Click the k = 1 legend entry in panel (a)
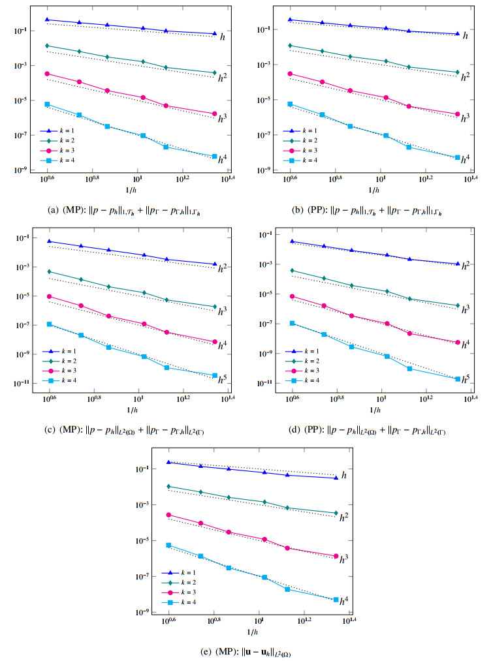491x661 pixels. click(x=62, y=131)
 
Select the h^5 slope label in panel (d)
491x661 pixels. click(x=465, y=378)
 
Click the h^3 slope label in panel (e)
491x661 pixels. click(x=343, y=559)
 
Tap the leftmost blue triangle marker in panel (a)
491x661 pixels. click(x=47, y=20)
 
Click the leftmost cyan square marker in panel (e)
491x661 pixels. click(x=169, y=545)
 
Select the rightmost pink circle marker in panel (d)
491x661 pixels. click(x=458, y=342)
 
